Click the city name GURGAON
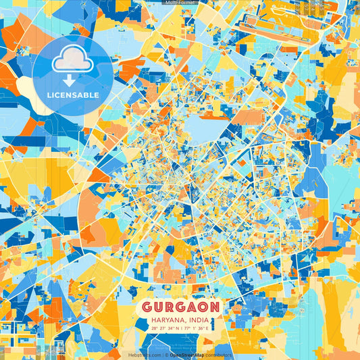[x=180, y=307]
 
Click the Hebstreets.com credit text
[x=145, y=355]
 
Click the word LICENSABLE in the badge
[x=72, y=95]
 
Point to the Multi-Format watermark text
[x=180, y=3]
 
